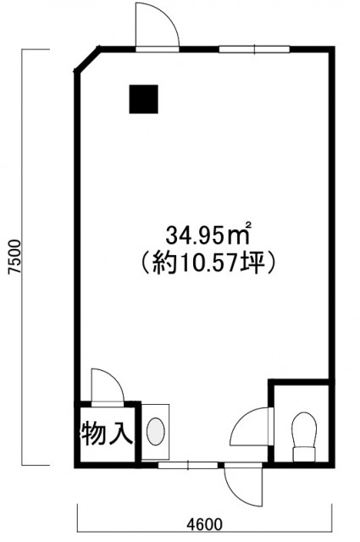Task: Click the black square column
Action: [x=143, y=99]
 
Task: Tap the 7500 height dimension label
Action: [x=15, y=257]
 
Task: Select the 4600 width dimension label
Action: [x=204, y=524]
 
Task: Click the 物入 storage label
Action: [x=107, y=434]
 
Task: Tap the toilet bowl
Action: [x=304, y=429]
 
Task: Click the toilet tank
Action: [x=304, y=454]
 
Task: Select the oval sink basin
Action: [x=156, y=431]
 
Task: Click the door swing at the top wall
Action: [x=158, y=27]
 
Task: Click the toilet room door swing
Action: [x=252, y=427]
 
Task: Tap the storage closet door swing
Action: [x=108, y=386]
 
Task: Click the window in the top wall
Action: [x=254, y=49]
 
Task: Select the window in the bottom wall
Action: [x=188, y=465]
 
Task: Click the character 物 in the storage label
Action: [x=93, y=434]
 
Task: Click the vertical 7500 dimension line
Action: [x=23, y=257]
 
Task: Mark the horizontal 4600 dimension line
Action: [x=204, y=532]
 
